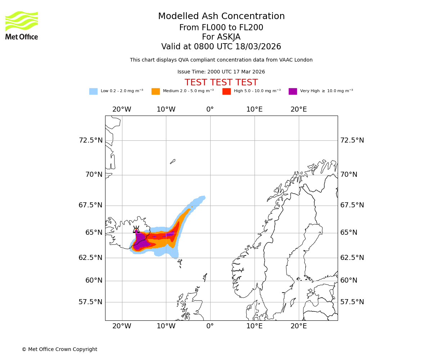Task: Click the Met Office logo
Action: tap(22, 25)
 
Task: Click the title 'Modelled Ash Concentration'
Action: tap(221, 17)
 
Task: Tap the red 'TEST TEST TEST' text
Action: tap(221, 82)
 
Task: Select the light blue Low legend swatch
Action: tap(93, 91)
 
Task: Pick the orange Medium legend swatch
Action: tap(156, 91)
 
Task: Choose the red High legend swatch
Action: tap(226, 91)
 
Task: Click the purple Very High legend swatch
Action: tap(293, 91)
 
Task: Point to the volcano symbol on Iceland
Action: tap(136, 230)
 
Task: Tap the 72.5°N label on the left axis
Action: tap(91, 140)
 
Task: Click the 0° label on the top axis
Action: tap(210, 109)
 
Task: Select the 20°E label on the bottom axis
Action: tap(299, 326)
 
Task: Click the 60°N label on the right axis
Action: tap(349, 280)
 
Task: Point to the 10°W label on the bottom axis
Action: tap(166, 326)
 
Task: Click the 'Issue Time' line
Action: tap(221, 72)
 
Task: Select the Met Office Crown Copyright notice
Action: tap(59, 349)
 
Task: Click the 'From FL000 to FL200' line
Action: tap(221, 28)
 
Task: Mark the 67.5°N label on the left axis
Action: tap(91, 205)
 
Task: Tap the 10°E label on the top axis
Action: tap(255, 109)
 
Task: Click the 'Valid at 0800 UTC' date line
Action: tap(221, 47)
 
